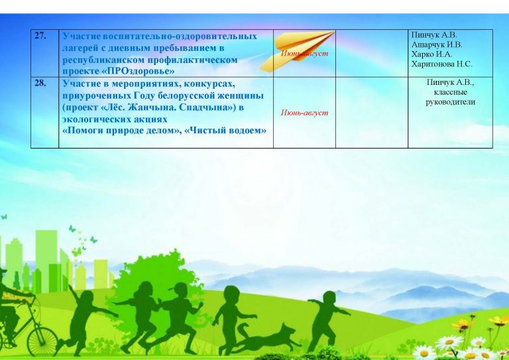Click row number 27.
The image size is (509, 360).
click(40, 36)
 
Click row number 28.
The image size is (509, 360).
click(40, 83)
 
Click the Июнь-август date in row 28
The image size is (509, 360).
click(304, 113)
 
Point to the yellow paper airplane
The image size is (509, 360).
click(297, 51)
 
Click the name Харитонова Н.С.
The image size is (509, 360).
click(441, 64)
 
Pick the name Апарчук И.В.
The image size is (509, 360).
click(437, 44)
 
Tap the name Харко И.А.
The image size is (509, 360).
click(431, 54)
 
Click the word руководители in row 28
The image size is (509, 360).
click(450, 102)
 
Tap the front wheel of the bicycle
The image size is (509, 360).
click(42, 341)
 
